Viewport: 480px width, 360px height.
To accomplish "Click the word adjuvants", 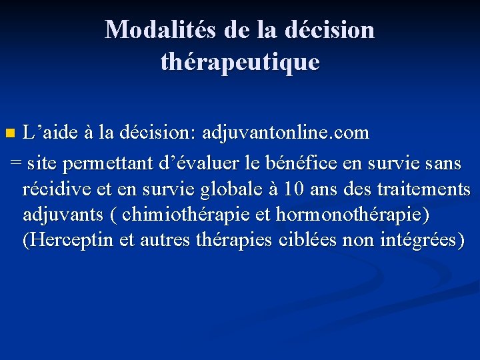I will pyautogui.click(x=63, y=216).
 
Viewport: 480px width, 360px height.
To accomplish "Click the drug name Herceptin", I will pyautogui.click(x=67, y=240).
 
